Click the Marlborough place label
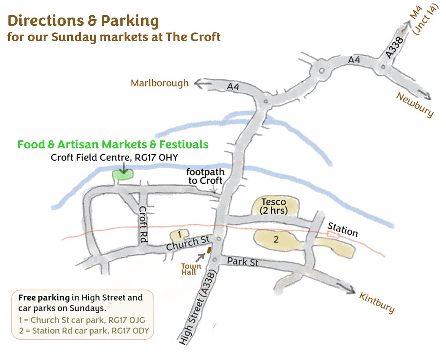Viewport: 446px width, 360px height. point(159,83)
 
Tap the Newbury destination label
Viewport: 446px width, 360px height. point(415,105)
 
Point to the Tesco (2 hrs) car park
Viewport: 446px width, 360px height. point(275,206)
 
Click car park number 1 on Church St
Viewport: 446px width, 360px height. point(180,235)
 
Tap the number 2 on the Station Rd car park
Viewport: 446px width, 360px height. point(276,240)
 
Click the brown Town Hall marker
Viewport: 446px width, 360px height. point(209,250)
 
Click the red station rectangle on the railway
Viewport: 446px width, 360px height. point(333,235)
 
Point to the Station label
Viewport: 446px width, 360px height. point(342,230)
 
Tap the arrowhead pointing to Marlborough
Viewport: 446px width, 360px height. point(197,84)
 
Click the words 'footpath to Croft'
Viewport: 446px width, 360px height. point(205,177)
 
